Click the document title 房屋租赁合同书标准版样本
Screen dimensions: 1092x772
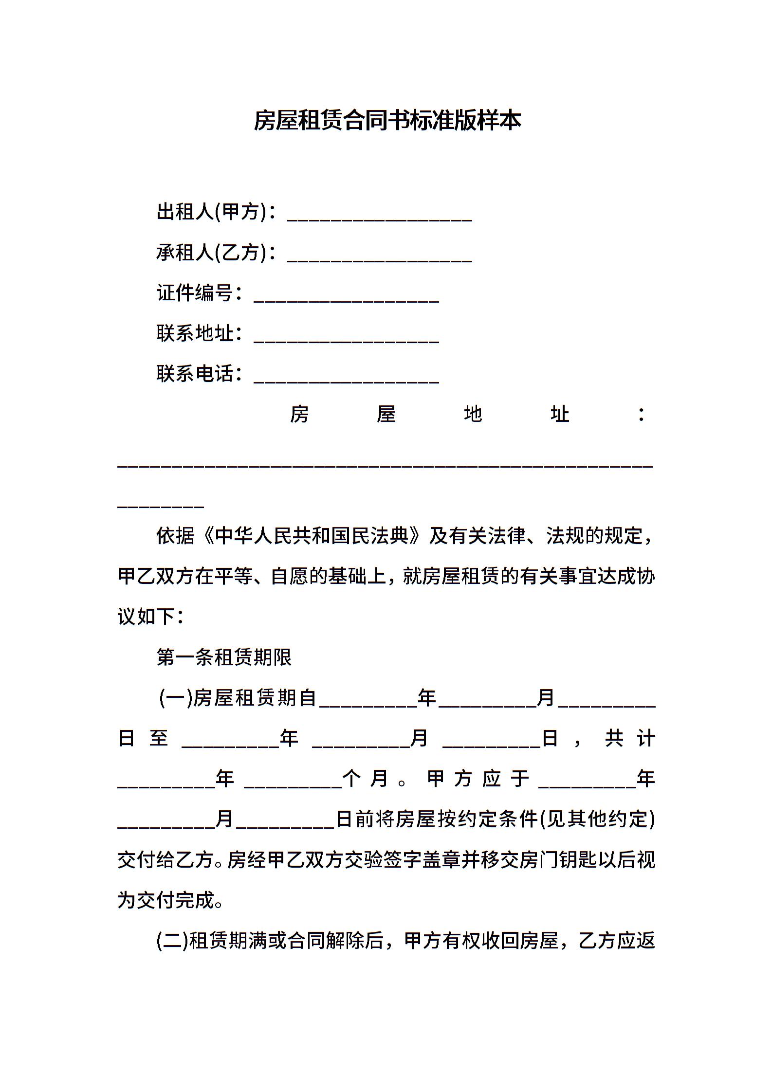coord(387,121)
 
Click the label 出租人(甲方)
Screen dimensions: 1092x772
coord(212,212)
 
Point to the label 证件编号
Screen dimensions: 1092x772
coord(195,293)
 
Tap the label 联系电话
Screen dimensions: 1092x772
coord(195,374)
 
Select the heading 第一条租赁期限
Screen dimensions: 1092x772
coord(224,657)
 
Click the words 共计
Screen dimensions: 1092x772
coord(630,739)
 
